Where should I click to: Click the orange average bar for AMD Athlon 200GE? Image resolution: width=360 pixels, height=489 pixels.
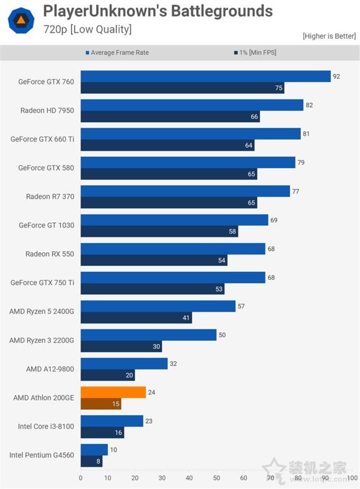coord(113,392)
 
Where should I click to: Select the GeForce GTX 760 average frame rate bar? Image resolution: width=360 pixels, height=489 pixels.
coord(205,77)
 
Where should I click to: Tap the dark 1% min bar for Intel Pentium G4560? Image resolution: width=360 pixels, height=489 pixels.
coord(91,461)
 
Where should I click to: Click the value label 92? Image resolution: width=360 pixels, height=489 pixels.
coord(336,77)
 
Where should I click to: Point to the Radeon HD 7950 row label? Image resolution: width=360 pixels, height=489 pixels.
coord(47,110)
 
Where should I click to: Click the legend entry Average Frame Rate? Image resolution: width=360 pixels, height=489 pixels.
coord(119,53)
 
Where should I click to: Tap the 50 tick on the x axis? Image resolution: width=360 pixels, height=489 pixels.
coord(217,478)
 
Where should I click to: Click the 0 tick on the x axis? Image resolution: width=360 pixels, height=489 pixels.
coord(80,478)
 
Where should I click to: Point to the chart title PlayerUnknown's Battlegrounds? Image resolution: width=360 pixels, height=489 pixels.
coord(158,11)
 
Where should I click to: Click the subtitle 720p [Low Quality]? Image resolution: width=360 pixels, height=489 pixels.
coord(88,29)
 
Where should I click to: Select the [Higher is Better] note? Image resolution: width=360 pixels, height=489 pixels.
coord(328,36)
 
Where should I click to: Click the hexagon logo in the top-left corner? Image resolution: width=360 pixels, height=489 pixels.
coord(20,20)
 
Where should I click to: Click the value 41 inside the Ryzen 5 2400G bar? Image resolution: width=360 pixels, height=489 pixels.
coord(186,318)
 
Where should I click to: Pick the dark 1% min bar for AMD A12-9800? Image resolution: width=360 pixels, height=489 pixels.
coord(107,375)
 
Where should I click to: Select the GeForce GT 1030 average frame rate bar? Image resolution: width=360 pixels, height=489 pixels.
coord(174,220)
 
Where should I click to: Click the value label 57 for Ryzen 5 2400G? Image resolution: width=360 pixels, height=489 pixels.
coord(241,306)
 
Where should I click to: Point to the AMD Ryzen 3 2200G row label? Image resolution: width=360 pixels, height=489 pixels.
coord(42,340)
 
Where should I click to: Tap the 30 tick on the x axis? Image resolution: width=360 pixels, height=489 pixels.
coord(162,478)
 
